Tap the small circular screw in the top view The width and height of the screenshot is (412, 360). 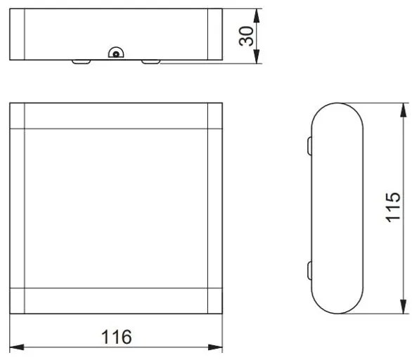115,52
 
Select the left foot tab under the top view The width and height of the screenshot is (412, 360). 82,62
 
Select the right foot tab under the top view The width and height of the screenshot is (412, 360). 151,62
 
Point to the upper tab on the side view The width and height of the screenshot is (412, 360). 309,146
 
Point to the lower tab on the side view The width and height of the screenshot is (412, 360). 309,271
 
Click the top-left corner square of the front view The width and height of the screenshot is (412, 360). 18,116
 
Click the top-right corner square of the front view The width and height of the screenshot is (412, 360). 215,116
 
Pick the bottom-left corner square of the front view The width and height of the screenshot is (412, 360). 18,300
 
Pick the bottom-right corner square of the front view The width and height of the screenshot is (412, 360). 215,300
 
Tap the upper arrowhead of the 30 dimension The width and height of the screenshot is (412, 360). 257,14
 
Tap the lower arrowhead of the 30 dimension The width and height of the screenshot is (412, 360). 257,59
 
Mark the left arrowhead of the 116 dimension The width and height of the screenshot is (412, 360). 15,347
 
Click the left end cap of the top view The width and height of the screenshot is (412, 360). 18,34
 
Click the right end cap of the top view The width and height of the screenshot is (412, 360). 215,34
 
